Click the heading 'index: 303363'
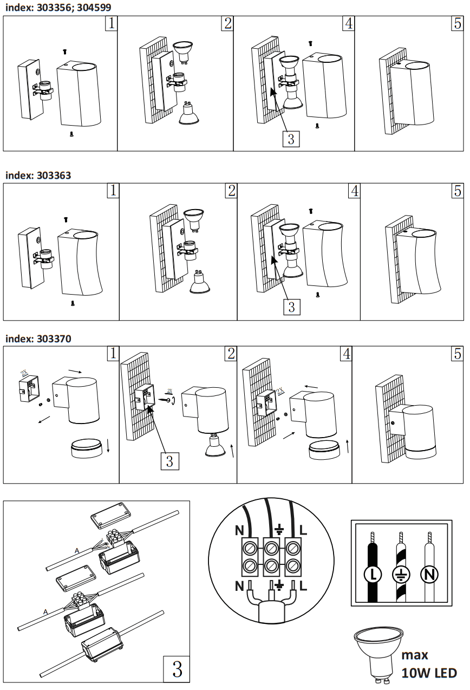[38, 175]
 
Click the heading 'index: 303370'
[38, 339]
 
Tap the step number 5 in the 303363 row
[458, 191]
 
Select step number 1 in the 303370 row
[113, 354]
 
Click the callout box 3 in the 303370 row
[169, 461]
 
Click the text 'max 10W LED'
[429, 664]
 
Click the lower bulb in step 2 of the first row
[189, 114]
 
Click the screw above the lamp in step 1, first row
[64, 52]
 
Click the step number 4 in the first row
[349, 24]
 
